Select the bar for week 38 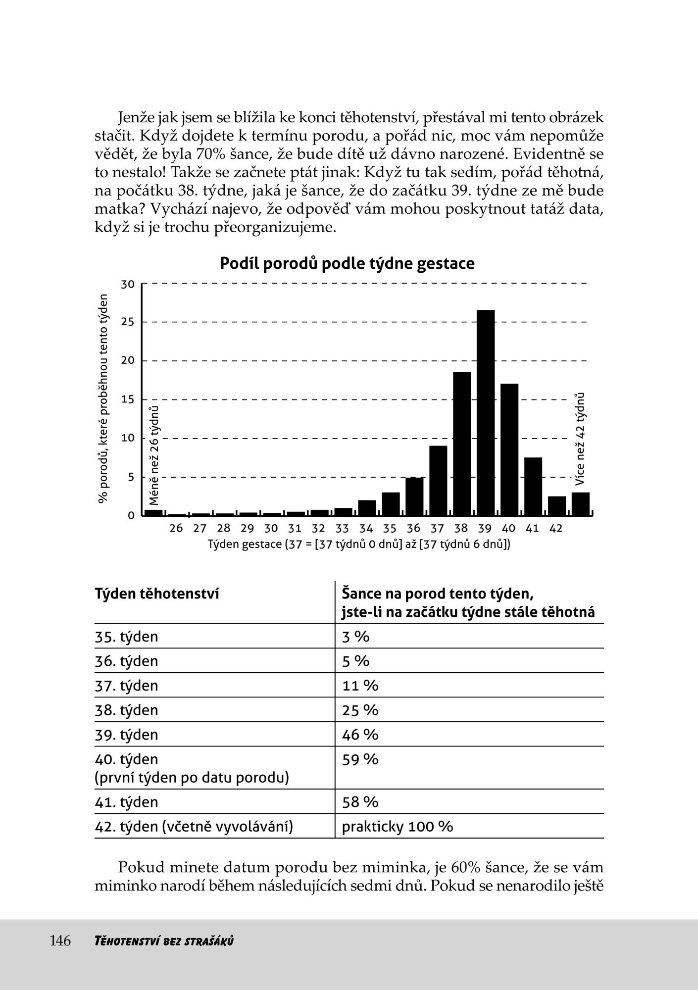(x=462, y=444)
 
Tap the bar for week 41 (x=533, y=486)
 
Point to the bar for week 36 (x=414, y=496)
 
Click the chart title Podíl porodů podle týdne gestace (x=347, y=263)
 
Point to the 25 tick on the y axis (x=128, y=322)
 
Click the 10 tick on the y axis (x=128, y=438)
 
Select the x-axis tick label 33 (x=342, y=528)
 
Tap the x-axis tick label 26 (x=176, y=528)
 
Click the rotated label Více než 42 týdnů (x=580, y=439)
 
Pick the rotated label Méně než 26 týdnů (x=154, y=455)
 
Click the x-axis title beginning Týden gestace (x=359, y=544)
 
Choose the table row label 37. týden (x=126, y=686)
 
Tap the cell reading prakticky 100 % (x=397, y=826)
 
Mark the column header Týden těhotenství (x=156, y=594)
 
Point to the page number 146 (x=60, y=940)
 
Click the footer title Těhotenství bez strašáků (x=163, y=941)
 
